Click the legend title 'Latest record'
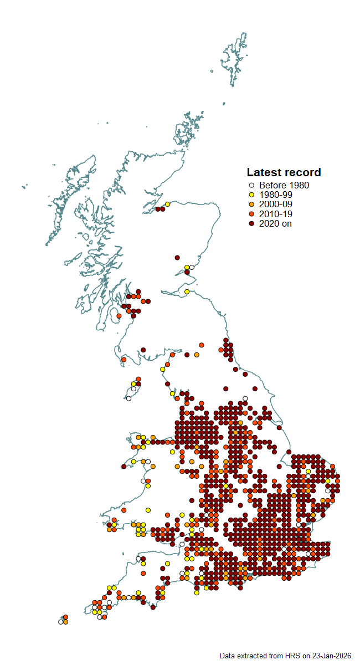point(284,172)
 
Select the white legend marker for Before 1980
point(251,186)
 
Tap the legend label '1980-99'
point(275,195)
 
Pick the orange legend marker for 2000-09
point(251,204)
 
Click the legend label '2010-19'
point(275,214)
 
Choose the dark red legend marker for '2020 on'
point(251,223)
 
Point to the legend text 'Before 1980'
point(284,186)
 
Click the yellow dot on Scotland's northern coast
point(167,204)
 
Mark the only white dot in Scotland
point(192,267)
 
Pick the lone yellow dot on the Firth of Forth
point(187,291)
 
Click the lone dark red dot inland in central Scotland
point(177,258)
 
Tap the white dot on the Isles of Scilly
point(61,622)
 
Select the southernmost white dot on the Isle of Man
point(128,398)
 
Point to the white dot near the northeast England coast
point(245,398)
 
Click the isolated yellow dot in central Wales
point(148,510)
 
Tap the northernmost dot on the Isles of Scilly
point(65,617)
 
